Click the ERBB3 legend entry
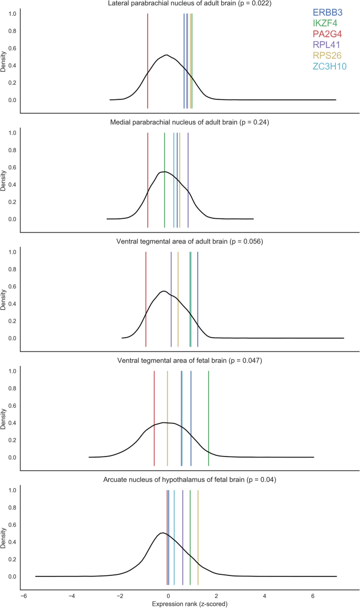pyautogui.click(x=327, y=12)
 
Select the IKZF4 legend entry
pyautogui.click(x=326, y=23)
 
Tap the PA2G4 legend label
pyautogui.click(x=328, y=34)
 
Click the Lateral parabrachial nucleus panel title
pyautogui.click(x=182, y=4)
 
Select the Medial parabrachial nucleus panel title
pyautogui.click(x=182, y=123)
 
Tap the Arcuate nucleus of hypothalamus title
pyautogui.click(x=182, y=480)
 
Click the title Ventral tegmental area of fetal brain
pyautogui.click(x=182, y=361)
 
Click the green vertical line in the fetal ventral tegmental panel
pyautogui.click(x=209, y=418)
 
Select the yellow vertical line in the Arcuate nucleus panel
pyautogui.click(x=198, y=536)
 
